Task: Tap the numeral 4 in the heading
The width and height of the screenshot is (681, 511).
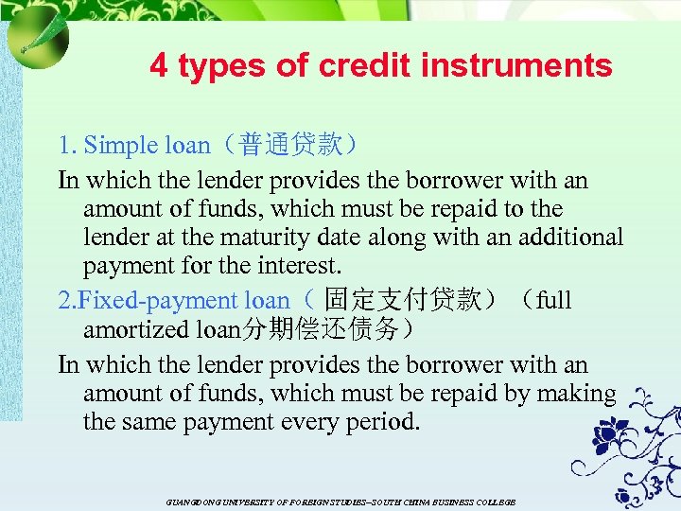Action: coord(159,65)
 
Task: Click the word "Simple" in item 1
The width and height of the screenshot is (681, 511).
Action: coord(122,145)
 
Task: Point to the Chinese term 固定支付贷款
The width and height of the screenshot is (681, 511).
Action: coord(403,300)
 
